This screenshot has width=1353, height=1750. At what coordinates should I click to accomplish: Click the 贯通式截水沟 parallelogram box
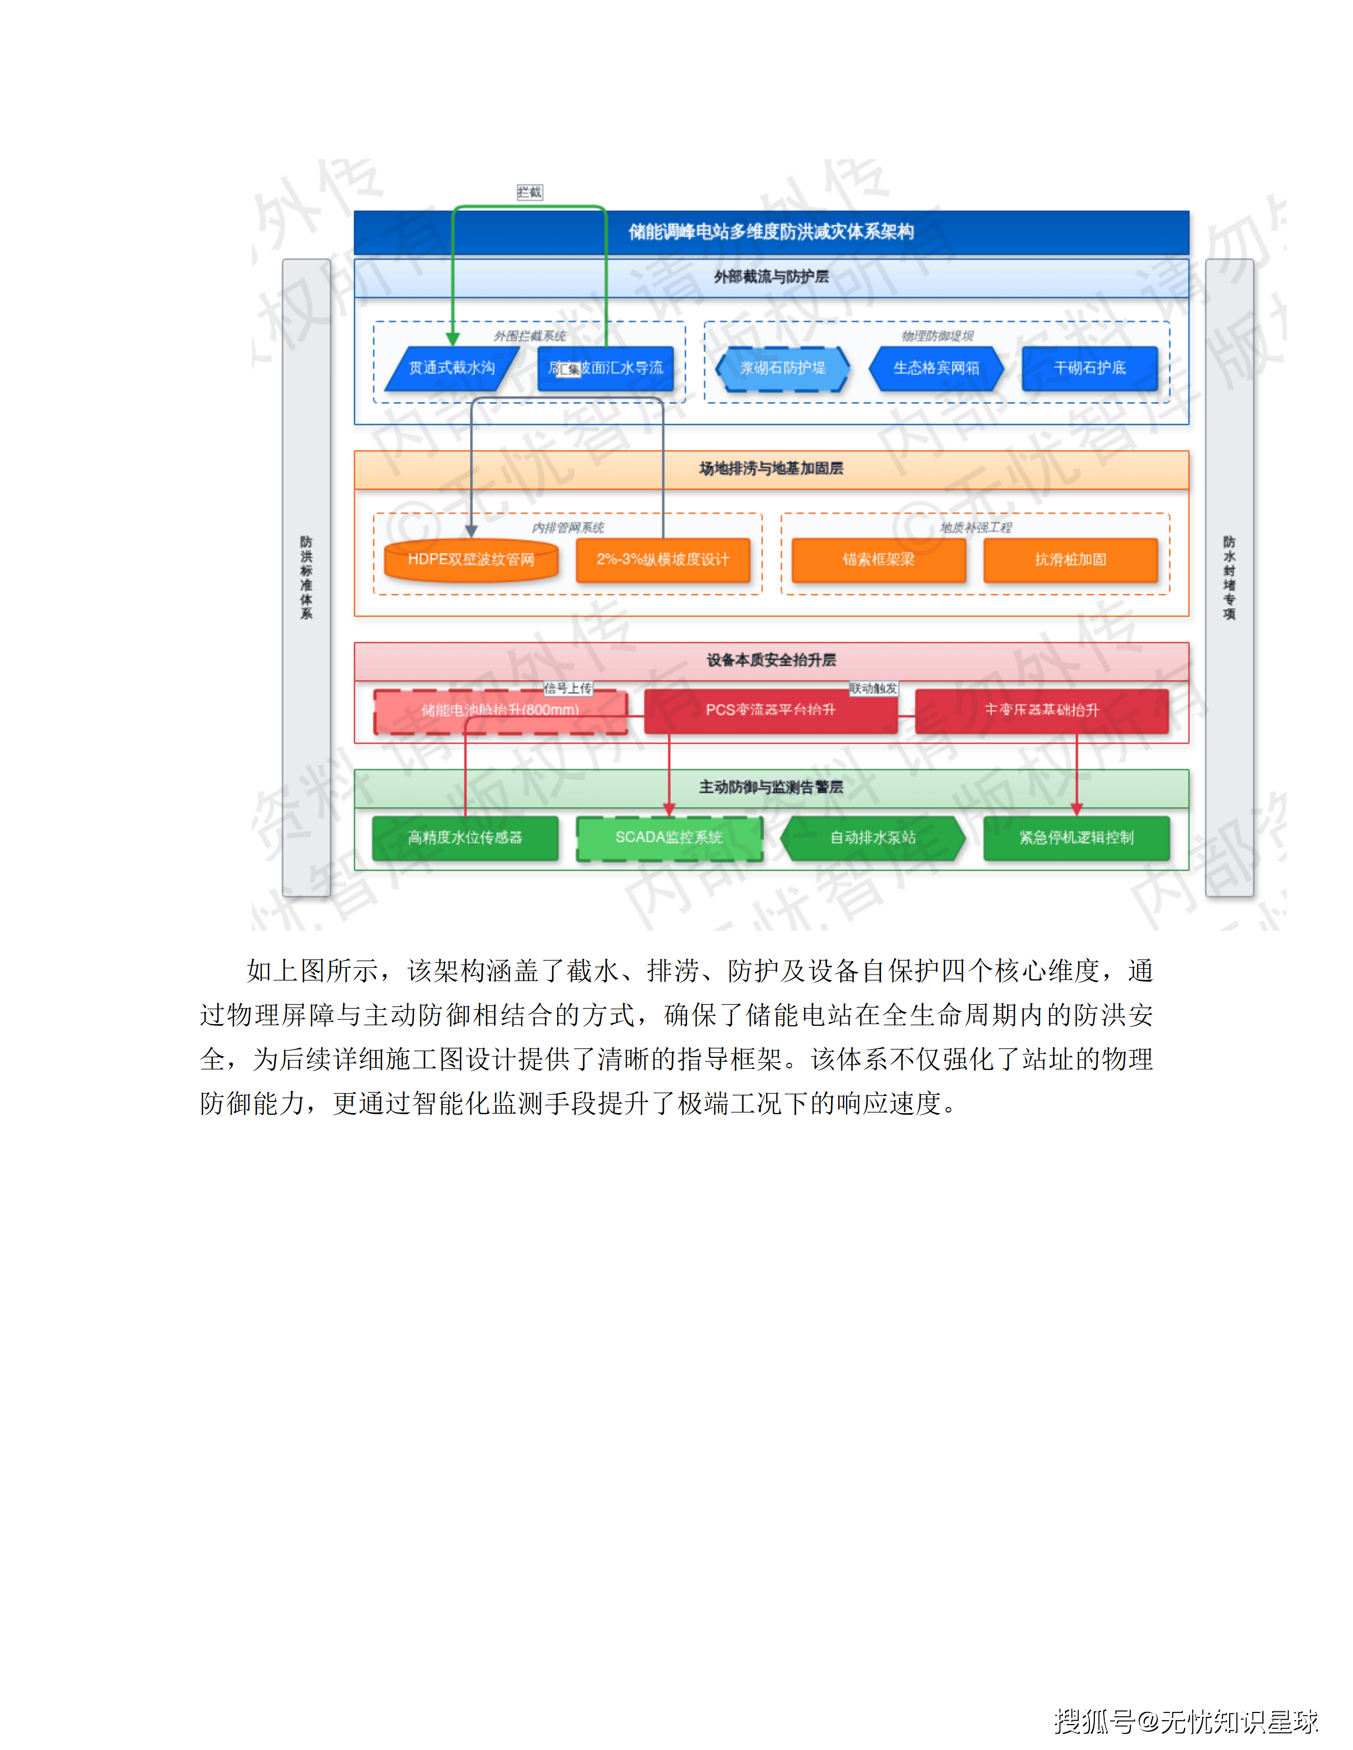click(x=452, y=368)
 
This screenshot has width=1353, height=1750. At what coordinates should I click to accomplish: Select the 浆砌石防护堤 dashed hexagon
click(x=782, y=368)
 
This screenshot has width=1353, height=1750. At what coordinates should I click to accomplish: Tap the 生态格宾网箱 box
click(x=936, y=368)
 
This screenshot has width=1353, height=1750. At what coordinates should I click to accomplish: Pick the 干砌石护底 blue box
click(x=1089, y=368)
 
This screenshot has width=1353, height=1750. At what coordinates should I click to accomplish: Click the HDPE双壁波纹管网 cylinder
click(x=470, y=559)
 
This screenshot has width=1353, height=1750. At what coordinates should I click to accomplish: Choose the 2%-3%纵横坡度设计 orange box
click(x=663, y=559)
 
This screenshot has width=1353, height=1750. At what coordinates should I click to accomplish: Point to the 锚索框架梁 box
click(x=878, y=559)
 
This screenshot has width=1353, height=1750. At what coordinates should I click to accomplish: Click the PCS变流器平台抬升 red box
click(x=770, y=710)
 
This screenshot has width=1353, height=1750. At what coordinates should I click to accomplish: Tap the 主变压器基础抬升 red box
click(x=1041, y=710)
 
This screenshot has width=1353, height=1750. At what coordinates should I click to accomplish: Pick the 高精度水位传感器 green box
click(x=465, y=837)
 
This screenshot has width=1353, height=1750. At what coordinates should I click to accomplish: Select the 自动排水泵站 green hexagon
click(x=873, y=837)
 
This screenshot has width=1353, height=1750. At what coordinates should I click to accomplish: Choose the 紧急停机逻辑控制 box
click(x=1077, y=837)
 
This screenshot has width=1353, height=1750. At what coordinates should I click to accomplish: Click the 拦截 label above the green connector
click(x=530, y=192)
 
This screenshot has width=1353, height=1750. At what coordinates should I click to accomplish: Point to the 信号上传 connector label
click(x=568, y=688)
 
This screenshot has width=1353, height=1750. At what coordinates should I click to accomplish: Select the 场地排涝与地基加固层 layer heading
click(x=771, y=469)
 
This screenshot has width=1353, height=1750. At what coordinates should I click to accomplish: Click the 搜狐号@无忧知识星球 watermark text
click(x=1186, y=1720)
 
